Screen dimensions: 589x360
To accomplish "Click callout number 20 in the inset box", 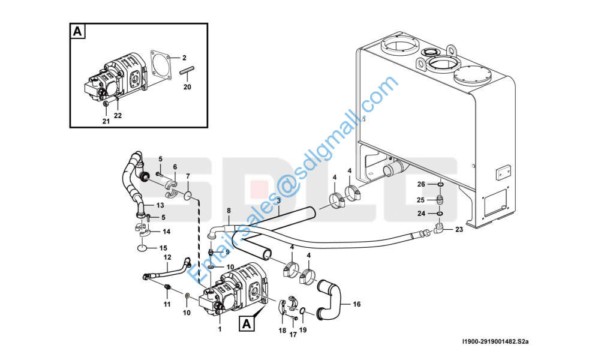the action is click(x=187, y=87).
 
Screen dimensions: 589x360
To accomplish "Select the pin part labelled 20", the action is click(x=187, y=70).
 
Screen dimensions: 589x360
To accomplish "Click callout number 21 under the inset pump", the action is click(x=106, y=121).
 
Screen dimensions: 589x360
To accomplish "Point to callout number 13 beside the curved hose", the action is click(x=160, y=206).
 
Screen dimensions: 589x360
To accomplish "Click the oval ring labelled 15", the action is click(x=143, y=248).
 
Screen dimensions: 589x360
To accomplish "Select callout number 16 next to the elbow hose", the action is click(x=357, y=304).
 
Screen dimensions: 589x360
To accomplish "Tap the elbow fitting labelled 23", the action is click(x=438, y=227).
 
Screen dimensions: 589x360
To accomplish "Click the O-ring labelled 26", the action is click(x=440, y=184).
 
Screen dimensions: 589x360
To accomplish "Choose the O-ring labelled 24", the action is click(x=440, y=214).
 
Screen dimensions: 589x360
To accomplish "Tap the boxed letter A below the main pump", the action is click(x=247, y=323).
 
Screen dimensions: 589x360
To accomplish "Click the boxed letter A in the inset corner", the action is click(x=78, y=31).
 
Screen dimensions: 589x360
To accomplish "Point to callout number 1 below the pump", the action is click(x=220, y=329).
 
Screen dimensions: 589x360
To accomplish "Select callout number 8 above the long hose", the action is click(x=229, y=211).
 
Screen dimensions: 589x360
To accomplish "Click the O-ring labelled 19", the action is click(x=302, y=310).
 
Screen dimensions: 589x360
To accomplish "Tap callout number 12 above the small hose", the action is click(x=167, y=257).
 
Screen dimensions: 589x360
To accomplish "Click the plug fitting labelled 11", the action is click(x=167, y=288).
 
